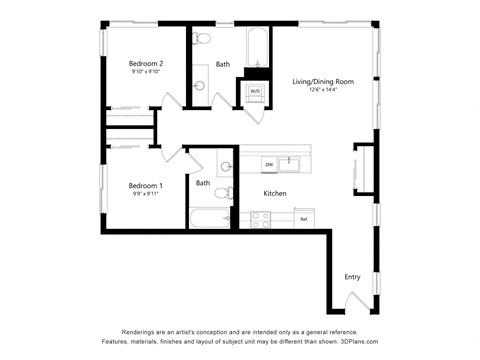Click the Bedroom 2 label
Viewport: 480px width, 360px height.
point(146,64)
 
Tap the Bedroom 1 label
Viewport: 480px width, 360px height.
point(146,185)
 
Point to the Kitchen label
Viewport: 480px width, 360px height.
point(275,193)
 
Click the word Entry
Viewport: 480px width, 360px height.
point(352,277)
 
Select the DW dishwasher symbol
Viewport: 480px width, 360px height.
point(268,163)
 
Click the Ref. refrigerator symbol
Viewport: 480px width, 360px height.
point(303,217)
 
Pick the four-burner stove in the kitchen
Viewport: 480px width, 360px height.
point(263,217)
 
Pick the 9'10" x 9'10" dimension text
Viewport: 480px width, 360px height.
point(146,73)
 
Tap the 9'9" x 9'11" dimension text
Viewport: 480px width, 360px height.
point(146,194)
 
